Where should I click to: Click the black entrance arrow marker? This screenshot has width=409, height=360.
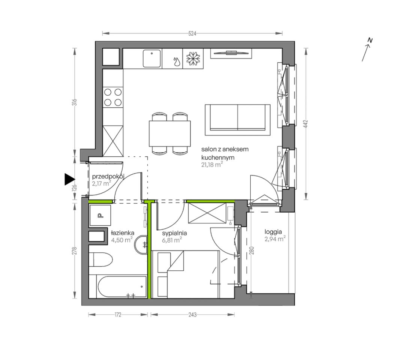point(69,179)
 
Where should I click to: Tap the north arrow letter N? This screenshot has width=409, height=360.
point(370,40)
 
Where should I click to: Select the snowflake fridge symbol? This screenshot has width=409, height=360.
point(193,58)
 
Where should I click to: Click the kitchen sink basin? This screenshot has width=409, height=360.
point(152,58)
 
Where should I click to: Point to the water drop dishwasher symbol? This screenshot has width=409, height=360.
point(177,61)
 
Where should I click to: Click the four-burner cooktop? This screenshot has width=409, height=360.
point(113,97)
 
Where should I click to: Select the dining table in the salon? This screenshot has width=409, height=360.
point(170,133)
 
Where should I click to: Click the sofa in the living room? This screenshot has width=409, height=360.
point(238,120)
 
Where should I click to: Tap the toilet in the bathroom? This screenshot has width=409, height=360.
point(101,259)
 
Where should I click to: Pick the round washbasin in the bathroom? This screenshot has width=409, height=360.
point(141,244)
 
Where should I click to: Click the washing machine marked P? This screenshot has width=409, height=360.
point(100,215)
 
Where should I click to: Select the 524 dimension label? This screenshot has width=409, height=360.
point(192,33)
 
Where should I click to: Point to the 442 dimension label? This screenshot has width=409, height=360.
point(306,124)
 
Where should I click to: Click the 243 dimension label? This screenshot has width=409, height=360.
point(192,315)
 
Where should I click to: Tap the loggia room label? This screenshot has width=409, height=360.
point(273,232)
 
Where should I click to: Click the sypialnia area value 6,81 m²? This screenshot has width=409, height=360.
point(172,240)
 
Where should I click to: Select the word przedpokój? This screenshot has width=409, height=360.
point(108,177)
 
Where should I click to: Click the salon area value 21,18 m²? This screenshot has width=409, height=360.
point(212,165)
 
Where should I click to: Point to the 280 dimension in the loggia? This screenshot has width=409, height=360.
point(252,250)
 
